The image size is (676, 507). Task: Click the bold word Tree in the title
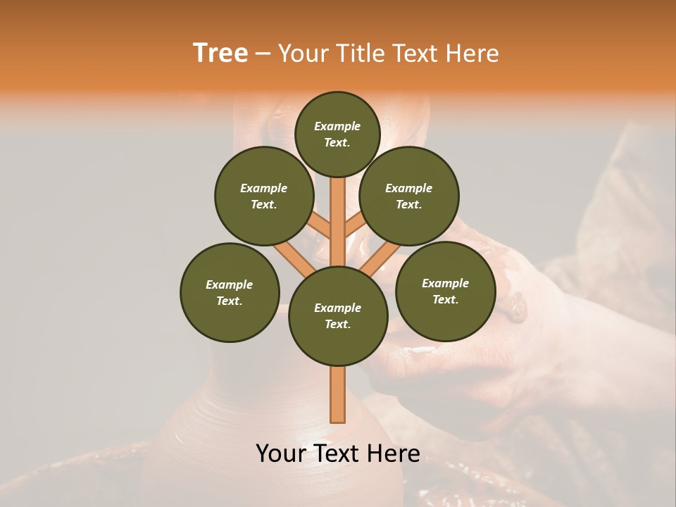(x=220, y=54)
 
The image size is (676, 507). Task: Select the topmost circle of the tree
(x=337, y=134)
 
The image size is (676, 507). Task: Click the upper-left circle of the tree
(x=263, y=196)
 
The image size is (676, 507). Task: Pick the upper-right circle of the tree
(x=409, y=196)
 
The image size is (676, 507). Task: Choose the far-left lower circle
(x=230, y=292)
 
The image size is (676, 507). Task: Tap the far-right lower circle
(x=445, y=291)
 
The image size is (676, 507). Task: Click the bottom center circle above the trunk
(x=338, y=315)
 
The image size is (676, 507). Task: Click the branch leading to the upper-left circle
(x=320, y=227)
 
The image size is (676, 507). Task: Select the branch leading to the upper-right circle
(x=355, y=227)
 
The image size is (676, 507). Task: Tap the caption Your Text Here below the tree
(x=338, y=453)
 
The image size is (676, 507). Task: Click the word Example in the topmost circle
(x=337, y=127)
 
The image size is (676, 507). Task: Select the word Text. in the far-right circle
(x=445, y=299)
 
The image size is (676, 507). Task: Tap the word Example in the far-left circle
(x=230, y=284)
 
